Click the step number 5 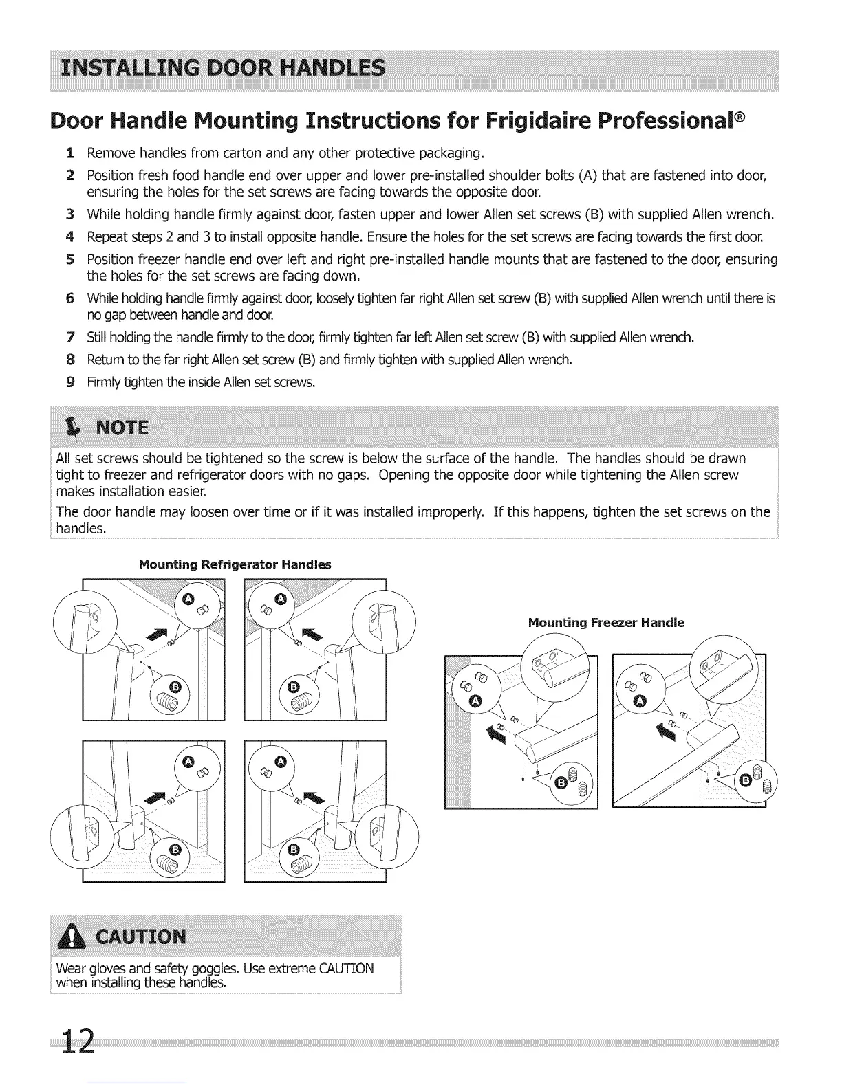pos(70,260)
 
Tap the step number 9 pos(70,382)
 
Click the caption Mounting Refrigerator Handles pos(235,565)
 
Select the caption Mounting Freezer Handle pos(606,623)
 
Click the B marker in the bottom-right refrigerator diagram pos(294,850)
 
